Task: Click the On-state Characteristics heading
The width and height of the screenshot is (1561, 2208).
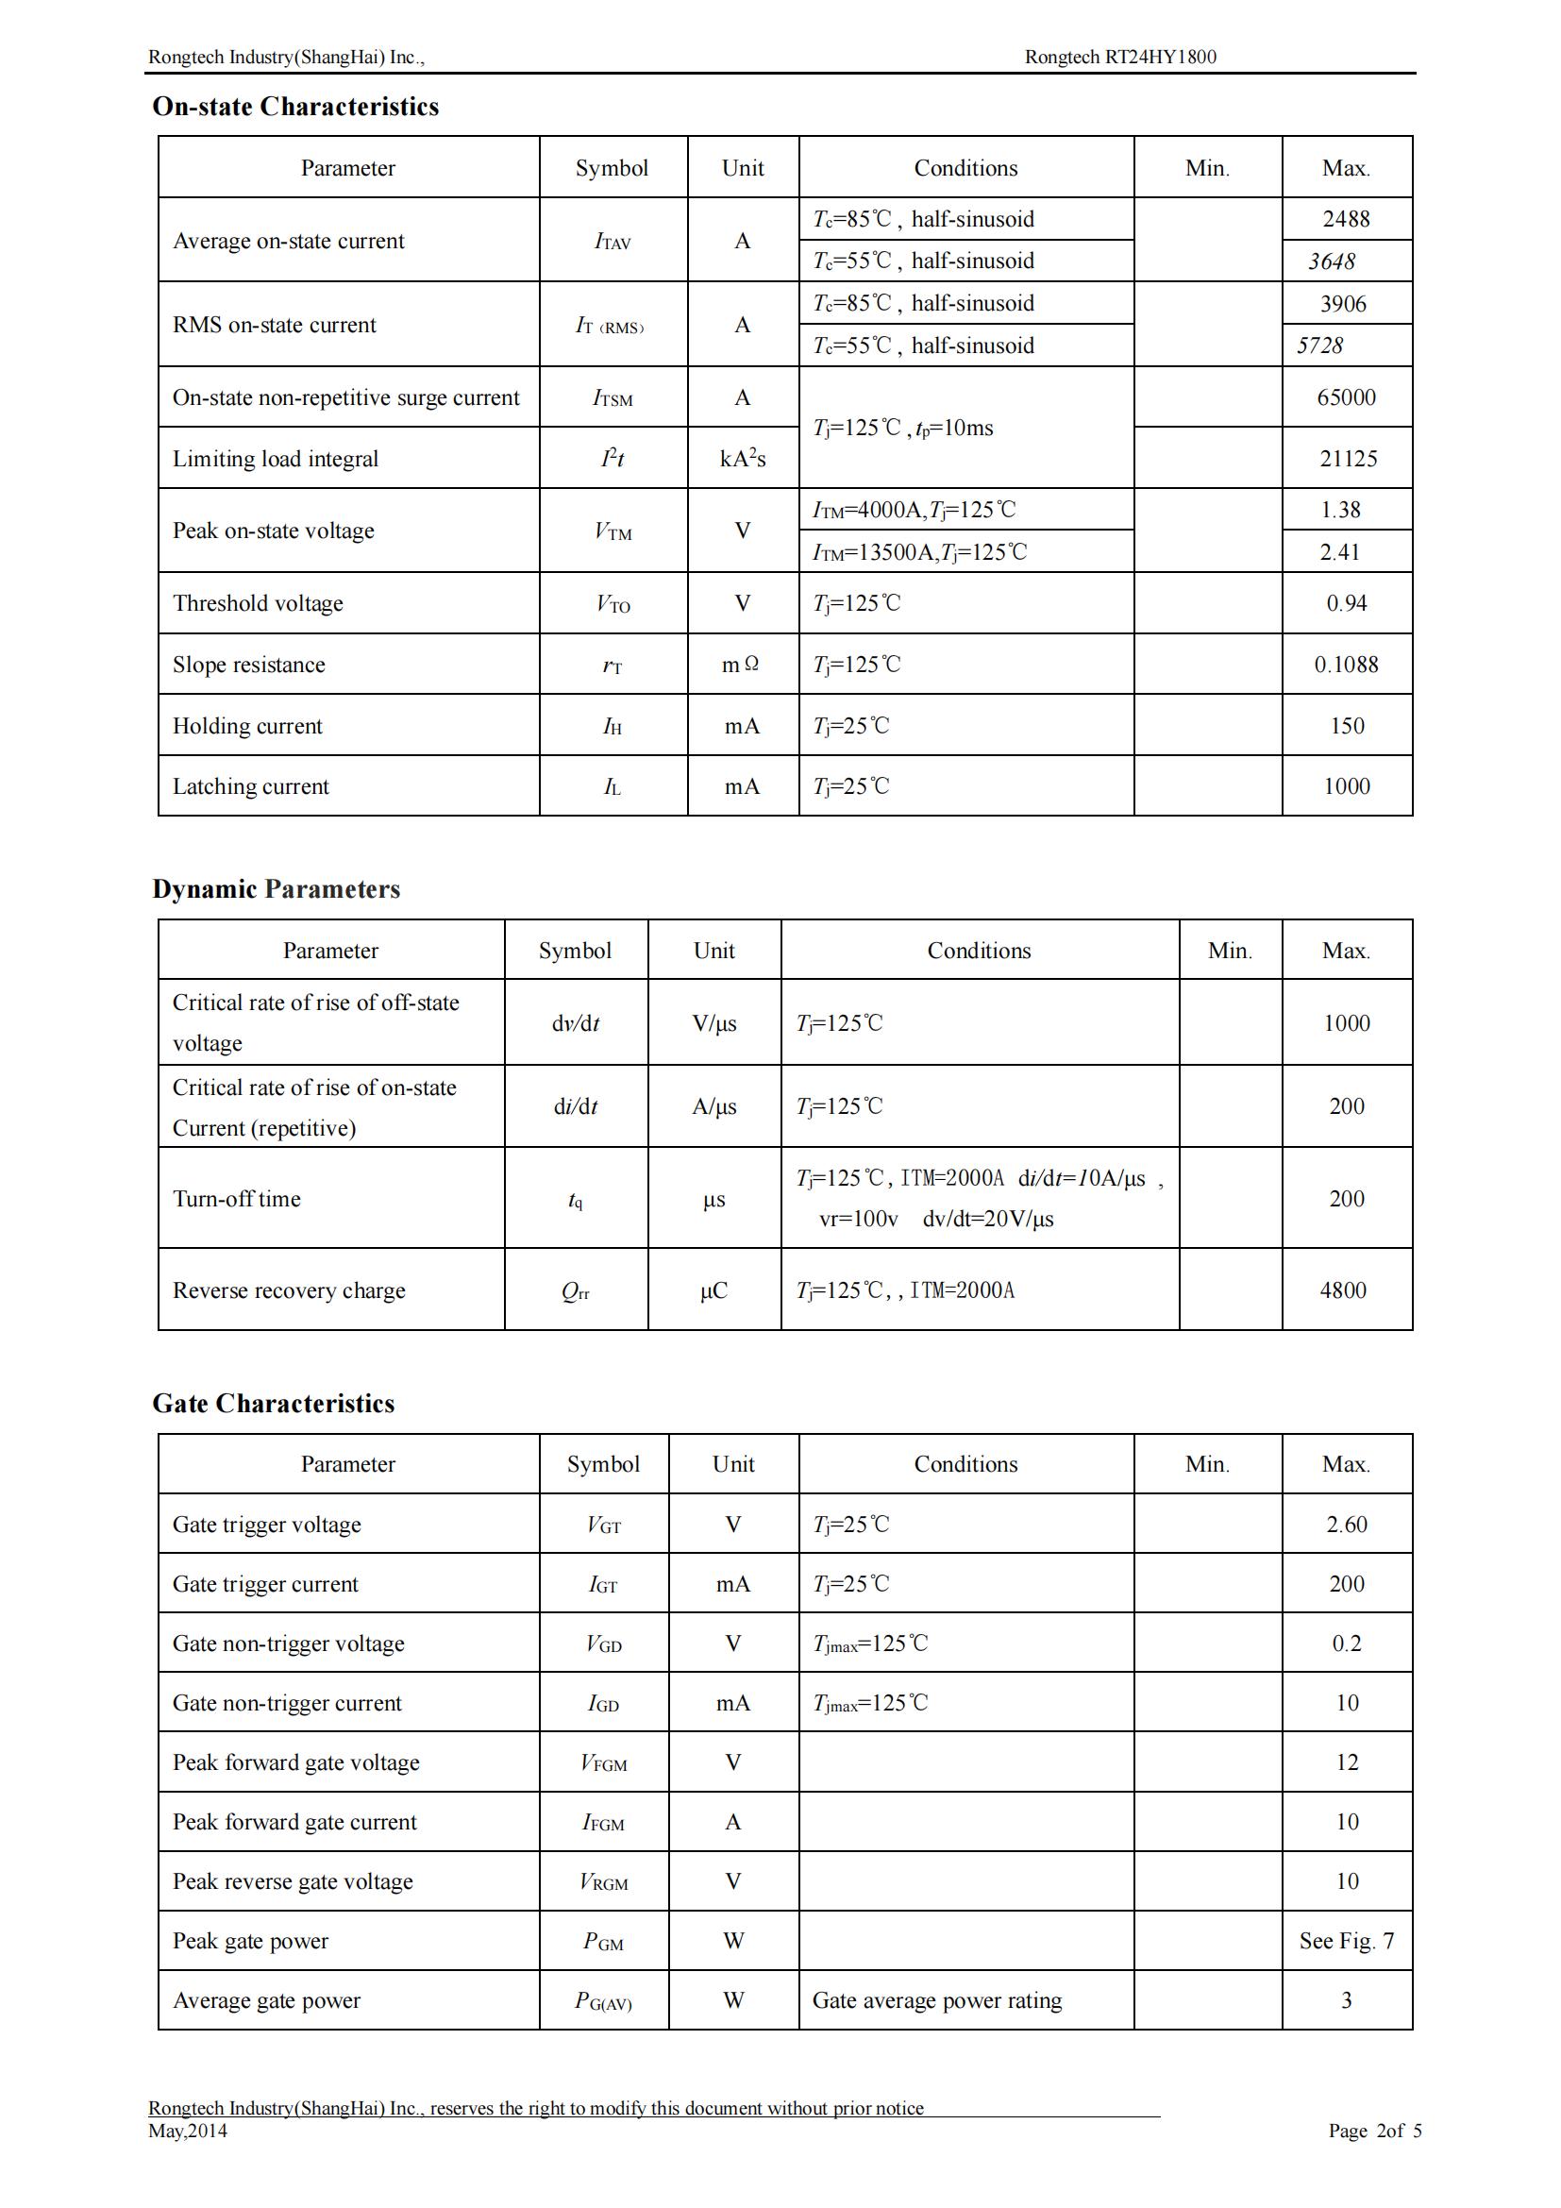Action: coord(295,107)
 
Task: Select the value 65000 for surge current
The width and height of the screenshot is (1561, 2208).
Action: coord(1346,397)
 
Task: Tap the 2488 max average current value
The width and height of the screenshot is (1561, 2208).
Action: coord(1346,219)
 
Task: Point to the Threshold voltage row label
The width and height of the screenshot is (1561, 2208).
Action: coord(258,603)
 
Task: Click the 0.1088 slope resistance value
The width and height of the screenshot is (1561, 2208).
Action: coord(1346,665)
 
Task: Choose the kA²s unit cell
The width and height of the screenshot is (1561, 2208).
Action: coord(742,459)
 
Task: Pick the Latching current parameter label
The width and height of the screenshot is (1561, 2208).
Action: coord(250,786)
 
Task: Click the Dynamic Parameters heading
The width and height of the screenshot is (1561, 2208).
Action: coord(276,889)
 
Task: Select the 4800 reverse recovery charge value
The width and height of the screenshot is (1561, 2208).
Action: coord(1343,1290)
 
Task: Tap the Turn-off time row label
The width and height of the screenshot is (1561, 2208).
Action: coord(237,1199)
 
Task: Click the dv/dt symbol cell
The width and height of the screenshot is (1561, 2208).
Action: coord(575,1023)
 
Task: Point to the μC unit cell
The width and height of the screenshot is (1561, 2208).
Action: coord(713,1290)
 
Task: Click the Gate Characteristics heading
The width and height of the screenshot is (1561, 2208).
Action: coord(273,1404)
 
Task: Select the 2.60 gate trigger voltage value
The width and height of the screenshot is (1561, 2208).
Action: coord(1346,1525)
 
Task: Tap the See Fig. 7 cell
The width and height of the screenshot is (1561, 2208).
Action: coord(1346,1941)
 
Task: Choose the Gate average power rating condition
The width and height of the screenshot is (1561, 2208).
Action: coord(936,2000)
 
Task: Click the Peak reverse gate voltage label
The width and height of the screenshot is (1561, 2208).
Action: coord(293,1881)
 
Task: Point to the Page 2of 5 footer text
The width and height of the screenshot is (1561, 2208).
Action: coord(1374,2132)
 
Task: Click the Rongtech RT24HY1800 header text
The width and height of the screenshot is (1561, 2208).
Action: coord(1120,57)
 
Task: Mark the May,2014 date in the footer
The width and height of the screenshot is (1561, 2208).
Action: coord(188,2132)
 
